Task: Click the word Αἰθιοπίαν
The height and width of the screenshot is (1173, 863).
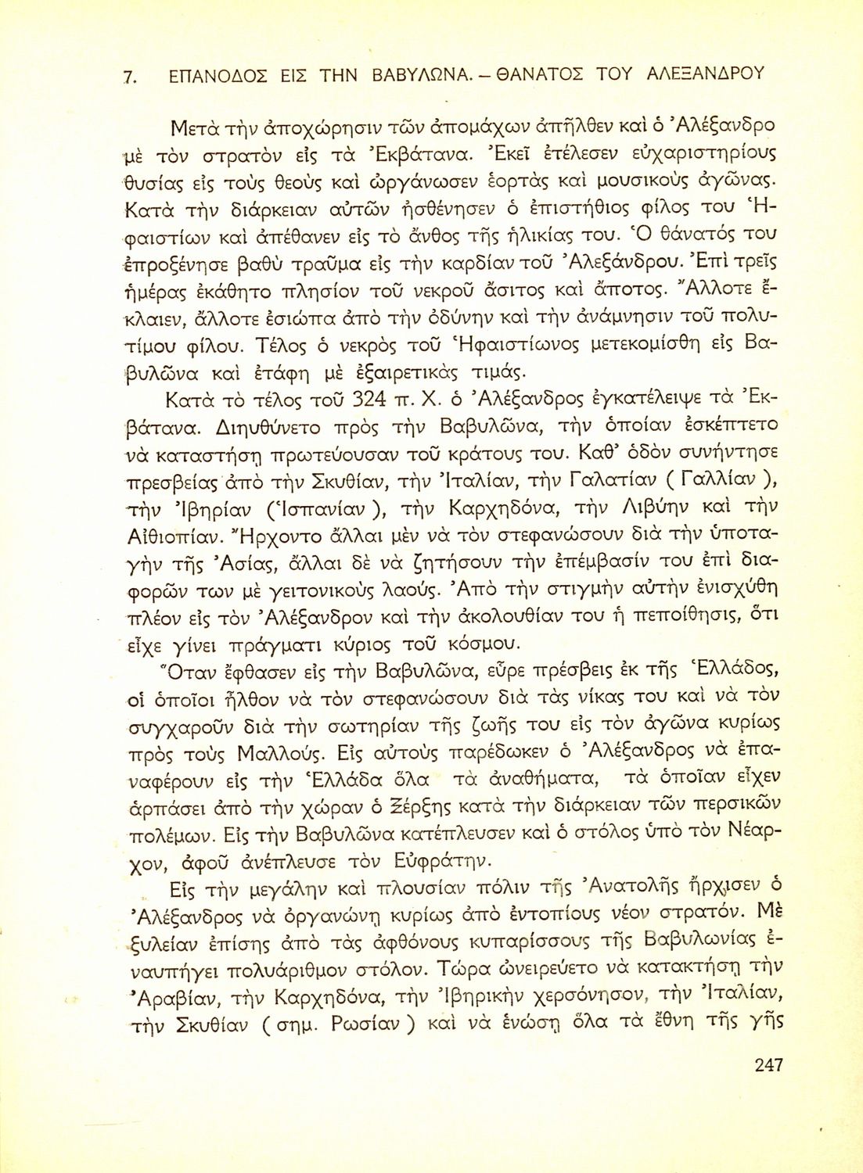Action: pos(167,536)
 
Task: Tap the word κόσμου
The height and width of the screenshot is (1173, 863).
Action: pos(482,644)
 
